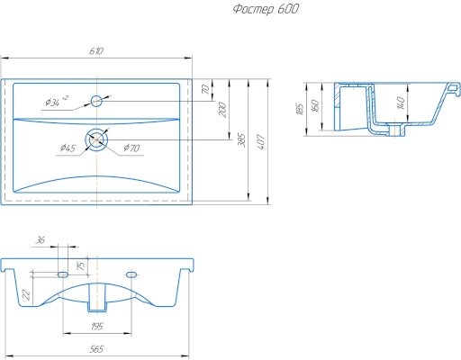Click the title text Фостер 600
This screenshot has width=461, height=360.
coord(266,9)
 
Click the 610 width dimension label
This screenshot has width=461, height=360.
coord(96,51)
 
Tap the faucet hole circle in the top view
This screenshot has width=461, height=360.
coord(96,101)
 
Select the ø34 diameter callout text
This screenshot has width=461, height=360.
coord(57,102)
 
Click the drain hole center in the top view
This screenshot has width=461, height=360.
coord(96,139)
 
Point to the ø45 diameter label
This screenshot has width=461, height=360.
coord(68,148)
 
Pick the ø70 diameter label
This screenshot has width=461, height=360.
coord(131,148)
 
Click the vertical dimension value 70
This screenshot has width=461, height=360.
coord(205,89)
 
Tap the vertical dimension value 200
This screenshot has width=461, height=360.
coord(222,110)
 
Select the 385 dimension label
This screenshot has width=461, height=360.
coord(241,140)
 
